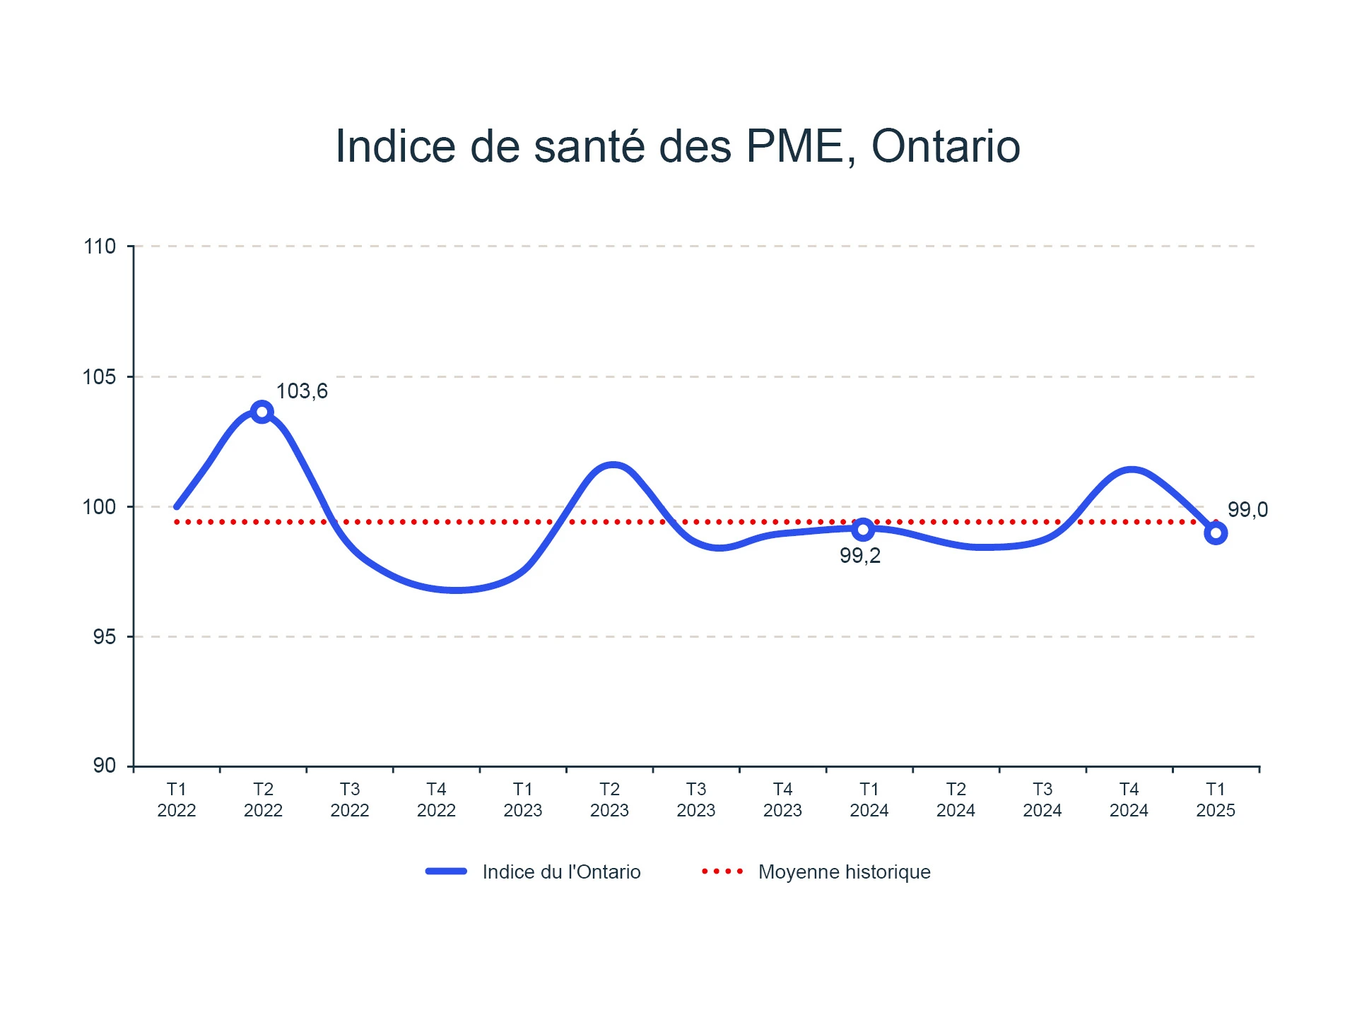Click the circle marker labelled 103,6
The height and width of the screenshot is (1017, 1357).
[262, 412]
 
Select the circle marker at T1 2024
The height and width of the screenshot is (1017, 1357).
[863, 529]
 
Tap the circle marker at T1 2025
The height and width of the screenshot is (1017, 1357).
[1216, 533]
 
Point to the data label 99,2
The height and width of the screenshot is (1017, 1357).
[860, 556]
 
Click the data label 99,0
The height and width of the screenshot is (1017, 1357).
[1247, 509]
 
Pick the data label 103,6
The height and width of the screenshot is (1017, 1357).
[302, 391]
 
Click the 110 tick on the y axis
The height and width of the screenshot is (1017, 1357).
[100, 246]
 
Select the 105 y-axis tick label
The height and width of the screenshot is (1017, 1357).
[100, 377]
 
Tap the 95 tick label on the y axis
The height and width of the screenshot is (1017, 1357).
[105, 637]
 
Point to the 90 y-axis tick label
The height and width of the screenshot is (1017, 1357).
[105, 766]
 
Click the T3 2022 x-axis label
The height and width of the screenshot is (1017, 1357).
[350, 799]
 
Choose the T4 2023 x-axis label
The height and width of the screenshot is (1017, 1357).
[782, 799]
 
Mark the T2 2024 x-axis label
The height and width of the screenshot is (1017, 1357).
[956, 799]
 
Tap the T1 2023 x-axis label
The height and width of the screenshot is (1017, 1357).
[523, 799]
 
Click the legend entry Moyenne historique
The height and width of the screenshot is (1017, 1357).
[844, 872]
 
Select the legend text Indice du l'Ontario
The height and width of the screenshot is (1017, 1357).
[561, 872]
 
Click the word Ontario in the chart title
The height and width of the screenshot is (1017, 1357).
[946, 147]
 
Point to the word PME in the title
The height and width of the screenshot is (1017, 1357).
[795, 147]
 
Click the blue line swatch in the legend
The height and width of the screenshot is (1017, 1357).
[446, 872]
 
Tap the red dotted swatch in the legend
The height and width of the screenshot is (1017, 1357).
[722, 872]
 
